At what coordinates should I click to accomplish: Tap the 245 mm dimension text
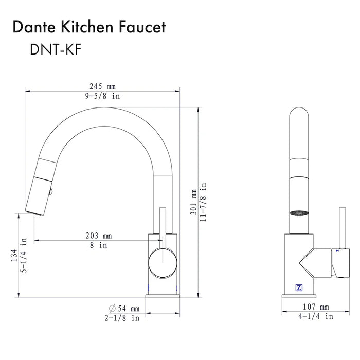click(x=101, y=86)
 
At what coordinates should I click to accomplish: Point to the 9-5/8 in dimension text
click(x=102, y=96)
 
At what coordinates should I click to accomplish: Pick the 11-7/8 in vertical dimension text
click(x=203, y=193)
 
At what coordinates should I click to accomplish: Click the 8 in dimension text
click(x=99, y=245)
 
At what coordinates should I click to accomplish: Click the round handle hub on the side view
click(x=162, y=262)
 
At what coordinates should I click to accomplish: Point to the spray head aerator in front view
click(x=300, y=212)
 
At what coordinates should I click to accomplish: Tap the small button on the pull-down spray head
click(x=50, y=192)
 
